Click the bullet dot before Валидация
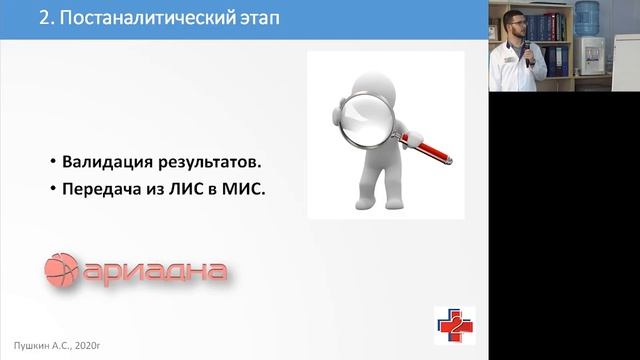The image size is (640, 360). click(x=50, y=163)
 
